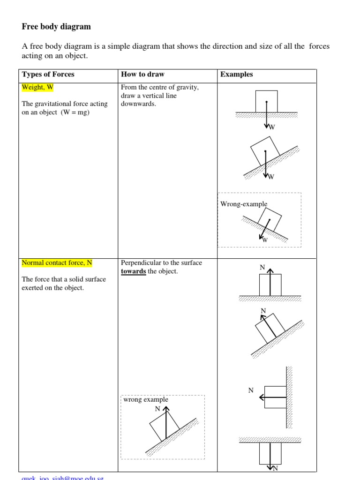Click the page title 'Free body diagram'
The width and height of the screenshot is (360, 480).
coord(56,27)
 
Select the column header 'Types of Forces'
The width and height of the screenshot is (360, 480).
coord(48,75)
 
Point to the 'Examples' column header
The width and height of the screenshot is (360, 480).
coord(236,75)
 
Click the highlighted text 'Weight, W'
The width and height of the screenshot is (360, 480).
coord(37,87)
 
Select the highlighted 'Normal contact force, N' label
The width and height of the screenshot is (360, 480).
coord(57,263)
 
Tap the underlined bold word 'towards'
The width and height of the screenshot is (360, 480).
coord(133,272)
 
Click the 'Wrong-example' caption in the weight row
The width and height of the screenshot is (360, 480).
coord(244,204)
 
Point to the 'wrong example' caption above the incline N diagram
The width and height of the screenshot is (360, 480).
coord(145,400)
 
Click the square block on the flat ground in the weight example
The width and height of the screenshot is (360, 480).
coord(266,102)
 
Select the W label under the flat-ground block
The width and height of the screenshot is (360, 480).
coord(271,127)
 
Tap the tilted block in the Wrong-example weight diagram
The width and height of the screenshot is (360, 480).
coord(269,218)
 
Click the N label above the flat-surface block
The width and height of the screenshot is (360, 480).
coord(263,267)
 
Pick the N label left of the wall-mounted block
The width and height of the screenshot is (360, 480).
coord(251,390)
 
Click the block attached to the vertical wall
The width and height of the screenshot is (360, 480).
coord(275,397)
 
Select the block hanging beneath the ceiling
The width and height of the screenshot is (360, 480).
coord(270,454)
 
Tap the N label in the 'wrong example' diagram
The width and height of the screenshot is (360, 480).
coord(157,409)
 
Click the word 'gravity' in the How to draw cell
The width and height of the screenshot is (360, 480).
coord(189,87)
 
